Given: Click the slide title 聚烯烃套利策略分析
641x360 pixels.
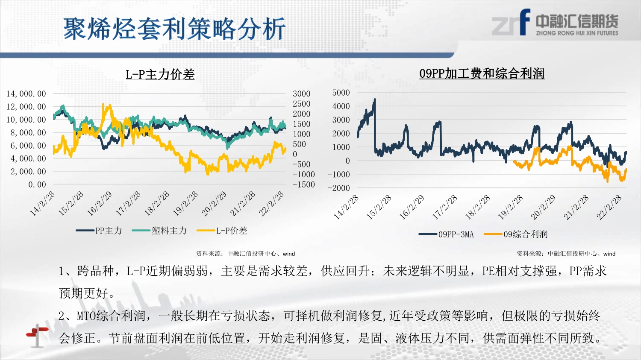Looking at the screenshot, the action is (174, 29).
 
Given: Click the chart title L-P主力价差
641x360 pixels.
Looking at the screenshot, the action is (160, 75).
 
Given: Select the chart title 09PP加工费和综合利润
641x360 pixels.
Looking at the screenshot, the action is (482, 73).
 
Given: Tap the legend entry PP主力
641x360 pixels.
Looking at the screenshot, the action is (99, 231).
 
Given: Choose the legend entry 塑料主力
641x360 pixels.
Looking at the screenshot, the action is (159, 231).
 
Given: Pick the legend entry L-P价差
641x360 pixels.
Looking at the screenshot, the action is (222, 231).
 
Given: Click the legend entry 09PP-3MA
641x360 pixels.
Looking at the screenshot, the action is (446, 234).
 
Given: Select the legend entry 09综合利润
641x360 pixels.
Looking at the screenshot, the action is (516, 234).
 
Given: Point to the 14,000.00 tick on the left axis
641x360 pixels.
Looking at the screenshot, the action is (26, 94).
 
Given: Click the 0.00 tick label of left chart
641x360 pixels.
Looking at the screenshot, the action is (37, 185).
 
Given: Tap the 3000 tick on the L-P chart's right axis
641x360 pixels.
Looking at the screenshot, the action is (302, 94).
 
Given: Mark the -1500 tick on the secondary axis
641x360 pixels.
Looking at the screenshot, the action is (303, 185).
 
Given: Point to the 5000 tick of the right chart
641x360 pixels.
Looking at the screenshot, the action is (341, 93).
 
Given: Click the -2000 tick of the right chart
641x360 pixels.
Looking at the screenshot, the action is (339, 188).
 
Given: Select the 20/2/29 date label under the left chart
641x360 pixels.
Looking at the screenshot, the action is (214, 204).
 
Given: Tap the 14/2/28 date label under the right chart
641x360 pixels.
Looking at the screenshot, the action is (346, 207).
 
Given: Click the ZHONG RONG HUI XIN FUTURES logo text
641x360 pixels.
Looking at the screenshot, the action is (577, 33).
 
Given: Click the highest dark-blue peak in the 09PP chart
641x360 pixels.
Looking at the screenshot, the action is (375, 100).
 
